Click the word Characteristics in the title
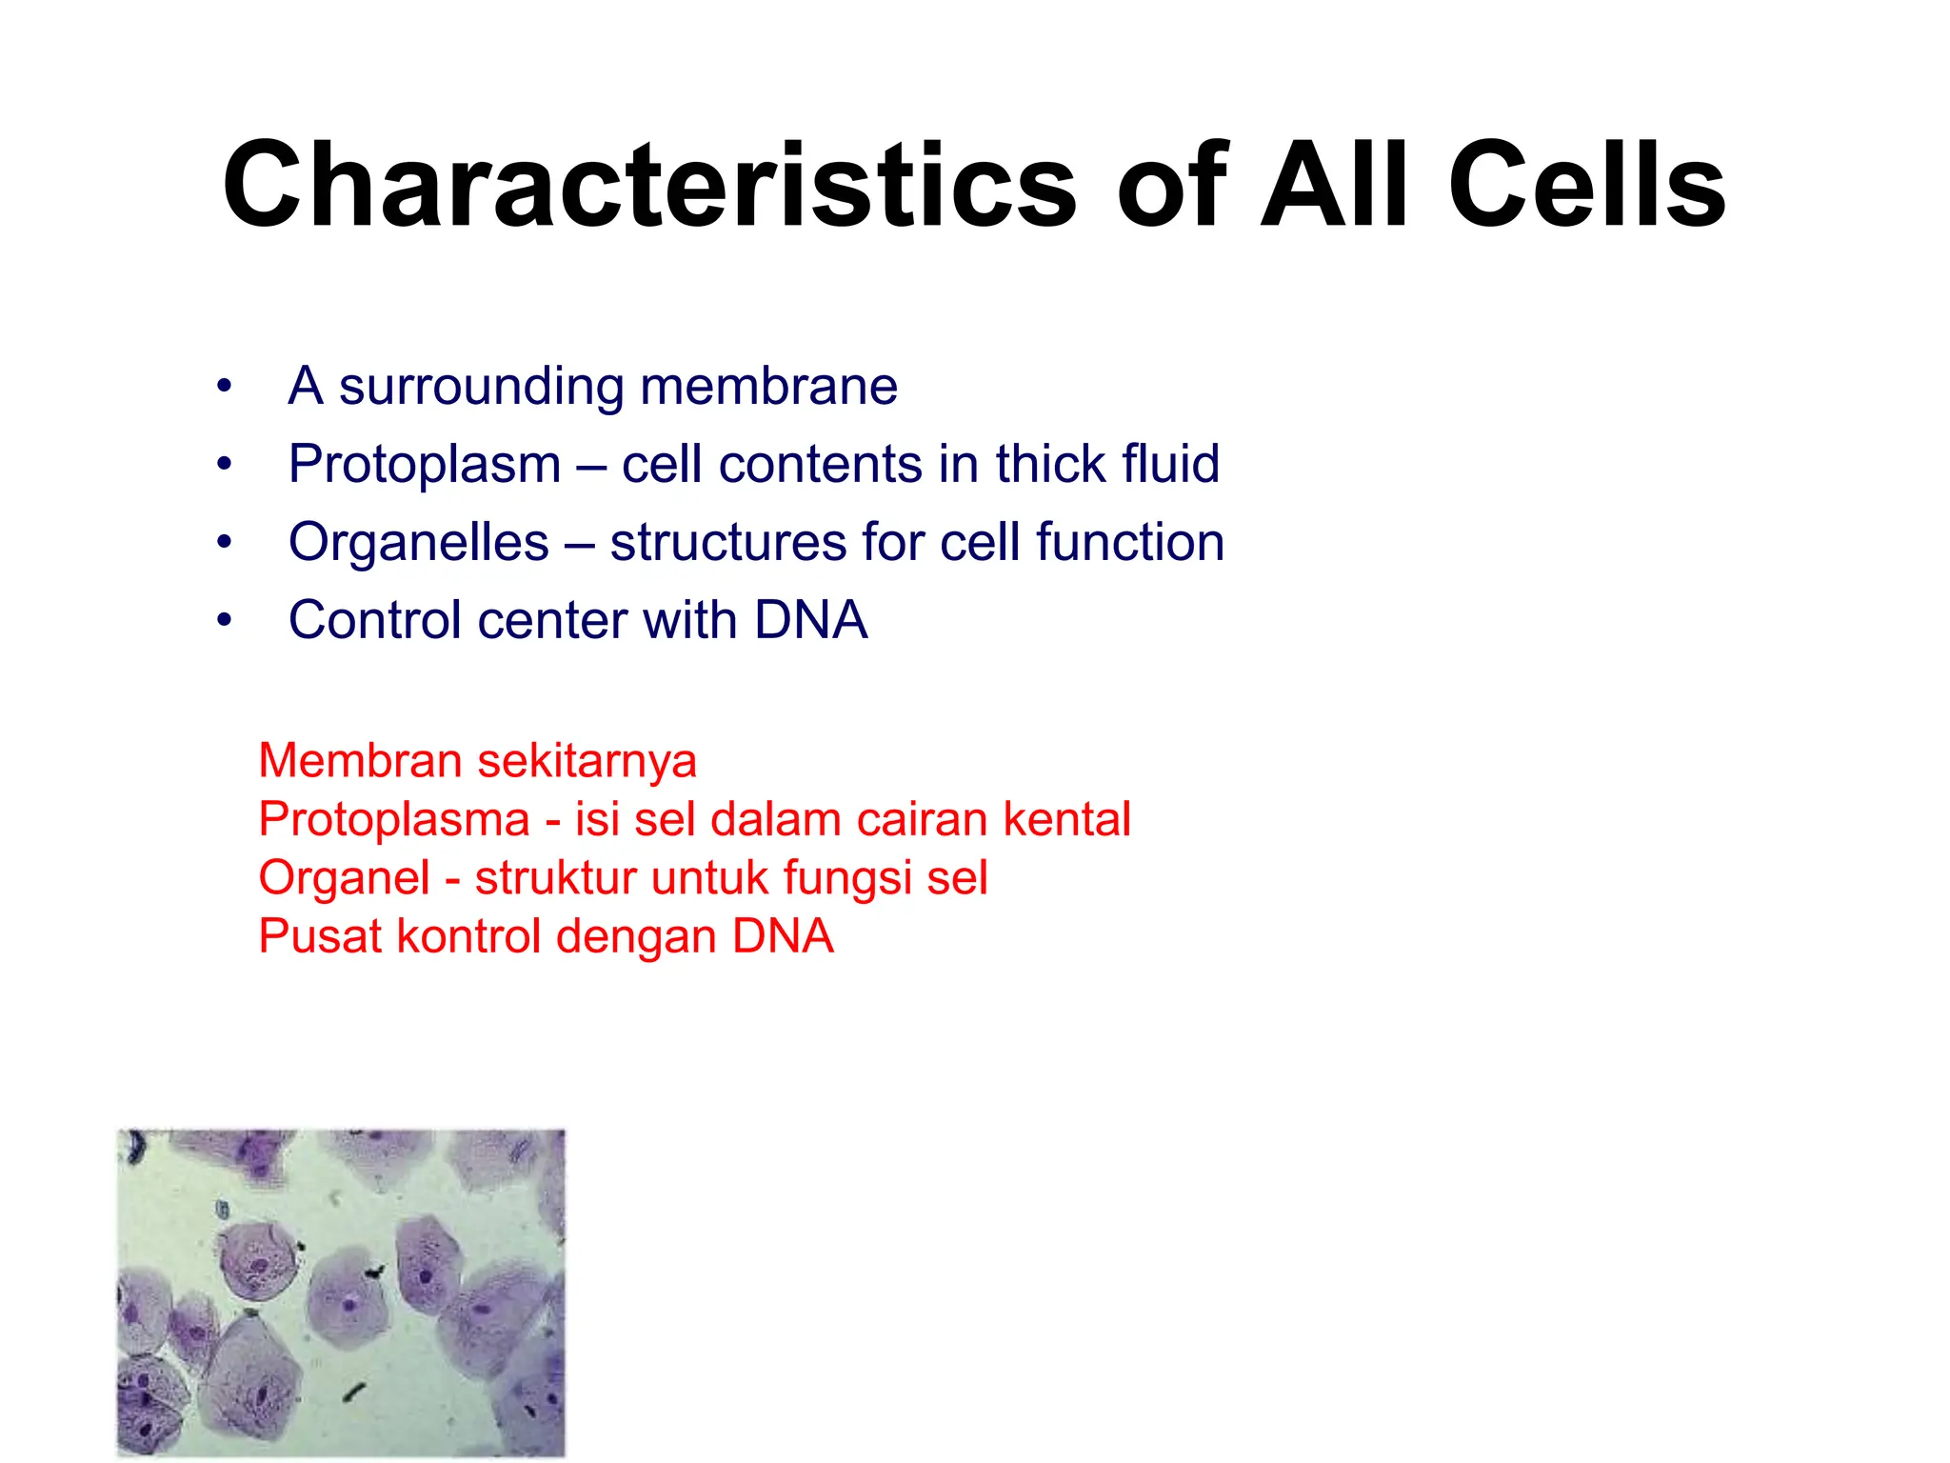click(648, 186)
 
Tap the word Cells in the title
click(1586, 186)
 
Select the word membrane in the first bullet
click(768, 387)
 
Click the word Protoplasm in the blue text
click(425, 466)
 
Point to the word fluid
click(1170, 464)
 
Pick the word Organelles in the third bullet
click(419, 544)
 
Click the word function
click(1129, 542)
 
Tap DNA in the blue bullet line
click(810, 620)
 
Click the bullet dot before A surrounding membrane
click(224, 387)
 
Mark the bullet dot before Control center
click(224, 621)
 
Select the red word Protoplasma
click(394, 820)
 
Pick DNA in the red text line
click(783, 936)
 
